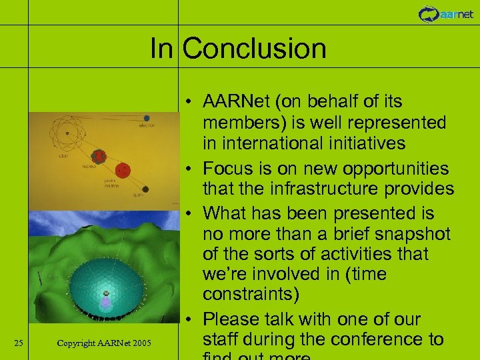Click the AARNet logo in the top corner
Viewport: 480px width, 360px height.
click(446, 13)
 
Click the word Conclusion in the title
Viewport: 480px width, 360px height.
click(254, 49)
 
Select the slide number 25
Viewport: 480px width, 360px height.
click(19, 343)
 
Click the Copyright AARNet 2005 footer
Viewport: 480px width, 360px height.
click(104, 343)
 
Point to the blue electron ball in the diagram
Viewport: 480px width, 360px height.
click(146, 119)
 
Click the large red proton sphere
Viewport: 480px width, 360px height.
click(122, 169)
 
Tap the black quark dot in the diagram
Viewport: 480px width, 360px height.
click(145, 189)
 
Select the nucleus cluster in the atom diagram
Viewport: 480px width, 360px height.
click(99, 157)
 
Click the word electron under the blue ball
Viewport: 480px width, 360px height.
click(147, 126)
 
